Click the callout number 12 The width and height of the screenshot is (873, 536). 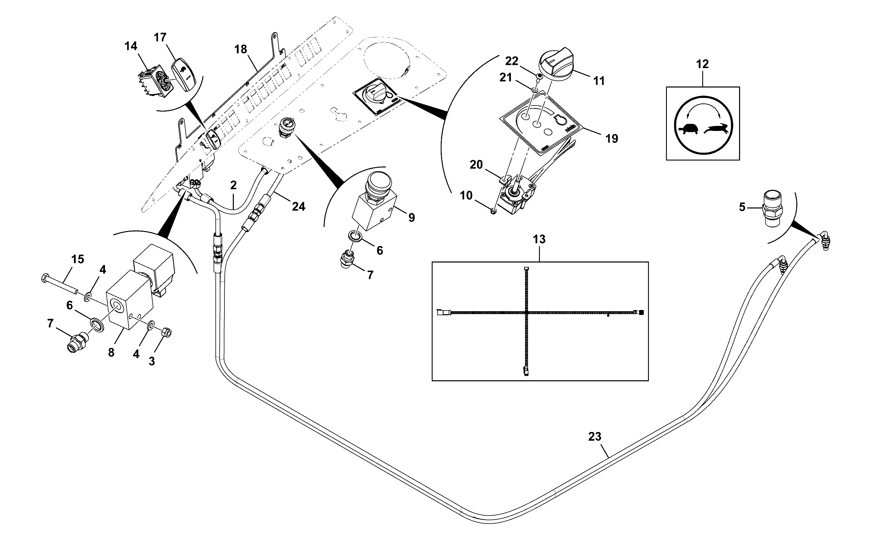pos(703,64)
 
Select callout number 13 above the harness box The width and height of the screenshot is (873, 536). pos(539,239)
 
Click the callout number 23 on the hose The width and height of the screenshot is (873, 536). pos(595,437)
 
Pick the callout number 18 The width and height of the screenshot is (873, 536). pos(241,49)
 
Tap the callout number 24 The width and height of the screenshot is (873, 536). pos(299,207)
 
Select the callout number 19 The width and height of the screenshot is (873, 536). pos(611,138)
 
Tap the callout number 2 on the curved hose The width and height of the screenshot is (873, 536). pos(233,185)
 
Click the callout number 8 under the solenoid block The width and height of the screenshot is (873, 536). pos(111,352)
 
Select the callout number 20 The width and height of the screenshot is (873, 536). pos(476,165)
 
